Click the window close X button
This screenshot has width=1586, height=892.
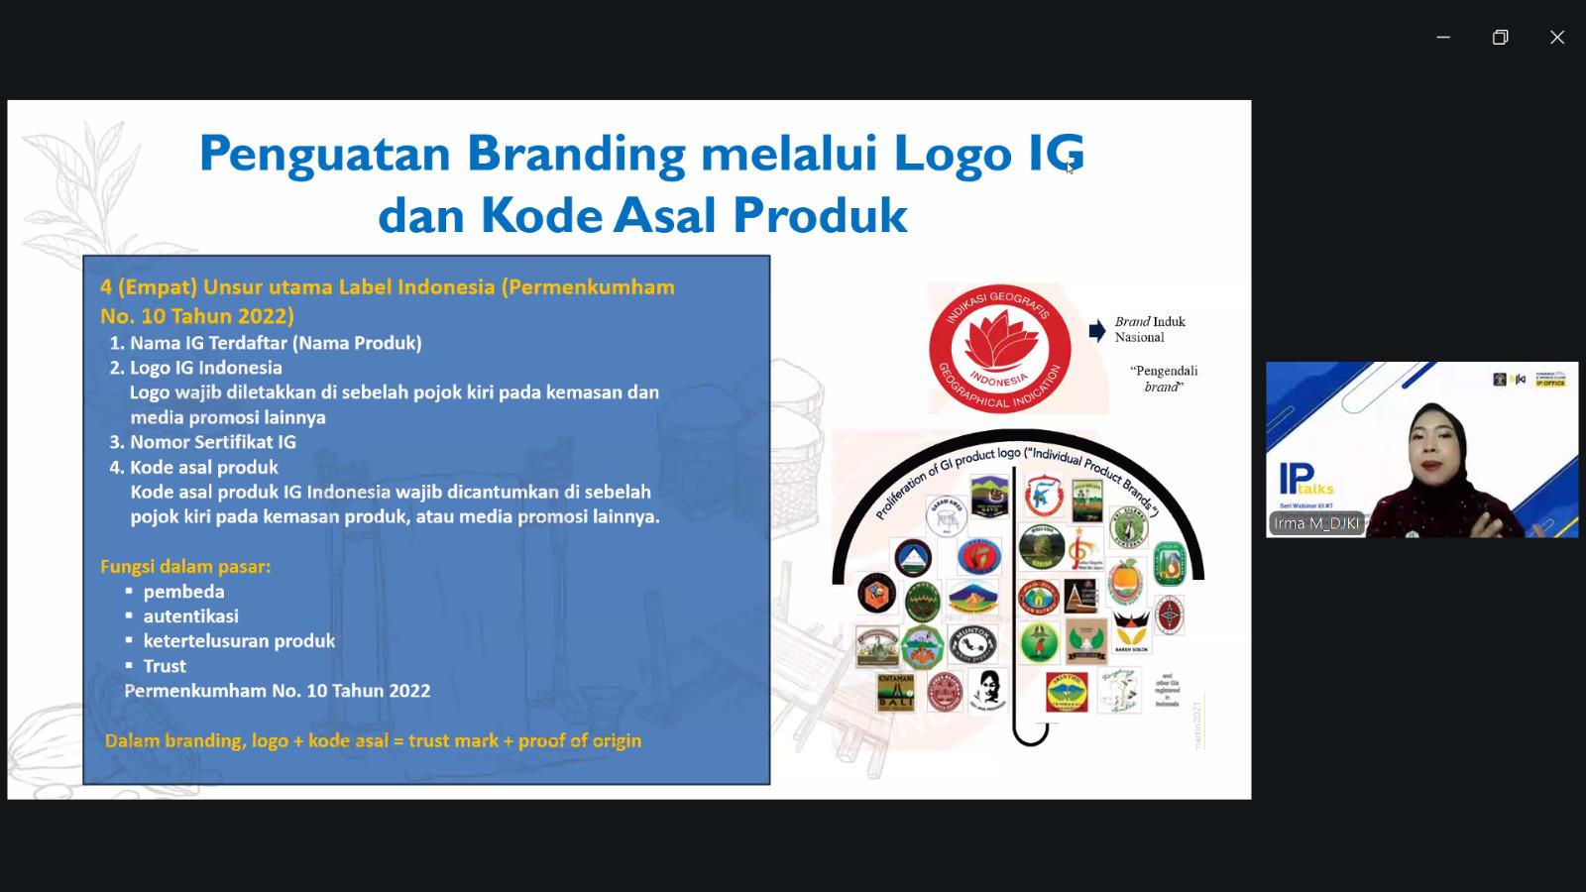pos(1557,38)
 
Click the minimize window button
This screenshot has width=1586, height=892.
pos(1443,38)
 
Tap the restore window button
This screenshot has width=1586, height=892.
pos(1500,38)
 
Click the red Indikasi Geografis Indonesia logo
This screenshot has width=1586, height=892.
pos(999,348)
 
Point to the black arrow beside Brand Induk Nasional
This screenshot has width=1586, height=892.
pos(1096,331)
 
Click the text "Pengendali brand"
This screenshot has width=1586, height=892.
pos(1164,379)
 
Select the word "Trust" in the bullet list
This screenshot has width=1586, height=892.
pos(165,666)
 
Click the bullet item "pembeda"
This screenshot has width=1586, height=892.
pos(183,592)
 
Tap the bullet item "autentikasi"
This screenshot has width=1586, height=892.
pos(190,616)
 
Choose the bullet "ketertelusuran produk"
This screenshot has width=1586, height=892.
pos(239,641)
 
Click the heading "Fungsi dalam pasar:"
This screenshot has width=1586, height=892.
pos(185,567)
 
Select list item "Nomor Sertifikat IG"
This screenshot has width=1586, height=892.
pos(212,442)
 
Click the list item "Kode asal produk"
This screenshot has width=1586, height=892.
pos(203,467)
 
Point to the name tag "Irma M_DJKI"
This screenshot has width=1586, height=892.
pos(1316,523)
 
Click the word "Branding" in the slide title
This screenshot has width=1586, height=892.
pos(576,154)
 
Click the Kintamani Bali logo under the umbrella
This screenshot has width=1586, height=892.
pos(896,692)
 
